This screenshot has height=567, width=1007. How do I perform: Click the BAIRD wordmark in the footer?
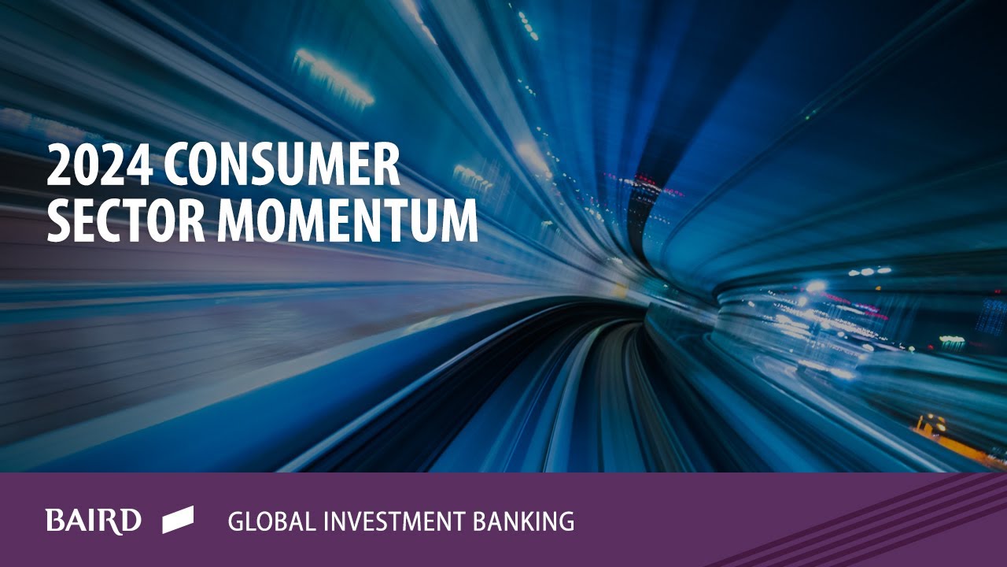(x=93, y=521)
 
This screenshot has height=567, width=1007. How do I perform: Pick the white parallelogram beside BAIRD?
(x=178, y=520)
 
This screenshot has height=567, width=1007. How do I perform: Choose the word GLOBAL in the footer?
(x=267, y=521)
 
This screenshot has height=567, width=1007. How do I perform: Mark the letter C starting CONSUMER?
(x=178, y=165)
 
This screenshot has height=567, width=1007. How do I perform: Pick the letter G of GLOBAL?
(x=236, y=521)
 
